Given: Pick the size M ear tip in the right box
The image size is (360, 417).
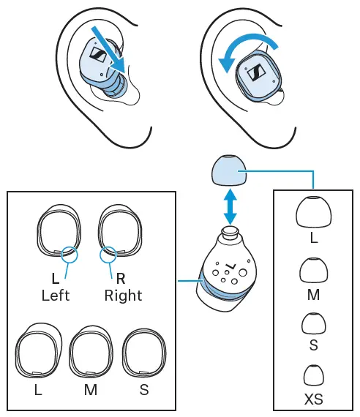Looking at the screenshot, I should coord(312,272).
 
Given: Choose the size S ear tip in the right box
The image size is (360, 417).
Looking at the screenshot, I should coord(313,323).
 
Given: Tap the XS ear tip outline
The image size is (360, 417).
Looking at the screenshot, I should coord(313,375).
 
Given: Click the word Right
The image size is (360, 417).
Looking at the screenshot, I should coord(123,296).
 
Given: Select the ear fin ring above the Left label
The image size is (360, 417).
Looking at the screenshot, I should coord(58,233).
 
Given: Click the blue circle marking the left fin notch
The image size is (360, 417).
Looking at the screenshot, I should coord(70,254).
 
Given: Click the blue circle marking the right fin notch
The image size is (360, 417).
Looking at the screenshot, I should coord(108,254).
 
